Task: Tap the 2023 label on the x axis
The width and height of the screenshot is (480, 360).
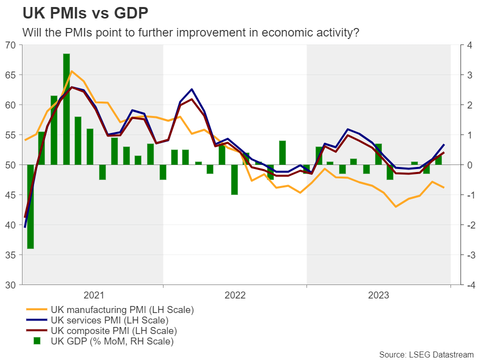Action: pos(378,295)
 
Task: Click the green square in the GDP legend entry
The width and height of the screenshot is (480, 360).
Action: pos(37,341)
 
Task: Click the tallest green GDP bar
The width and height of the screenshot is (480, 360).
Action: pos(66,109)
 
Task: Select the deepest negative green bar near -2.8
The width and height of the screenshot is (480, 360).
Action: pos(30,206)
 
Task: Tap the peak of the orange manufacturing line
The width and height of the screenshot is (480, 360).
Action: pos(72,71)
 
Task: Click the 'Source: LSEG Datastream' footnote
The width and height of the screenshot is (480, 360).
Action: pos(426,354)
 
